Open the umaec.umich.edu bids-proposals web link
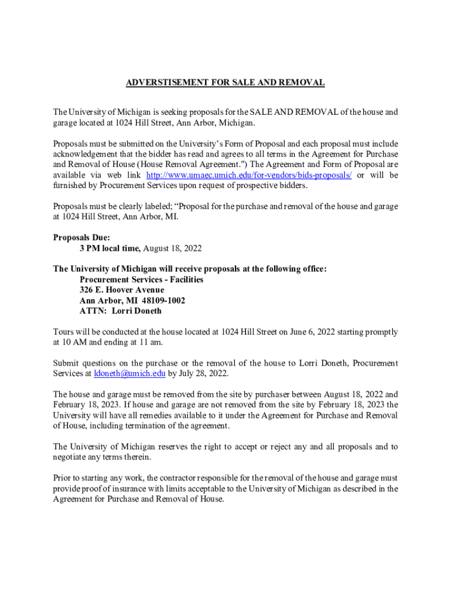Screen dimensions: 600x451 pos(248,175)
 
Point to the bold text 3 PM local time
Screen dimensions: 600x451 pos(110,248)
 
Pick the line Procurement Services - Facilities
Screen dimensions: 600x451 pos(141,279)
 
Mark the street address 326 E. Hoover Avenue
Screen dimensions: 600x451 pos(122,290)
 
